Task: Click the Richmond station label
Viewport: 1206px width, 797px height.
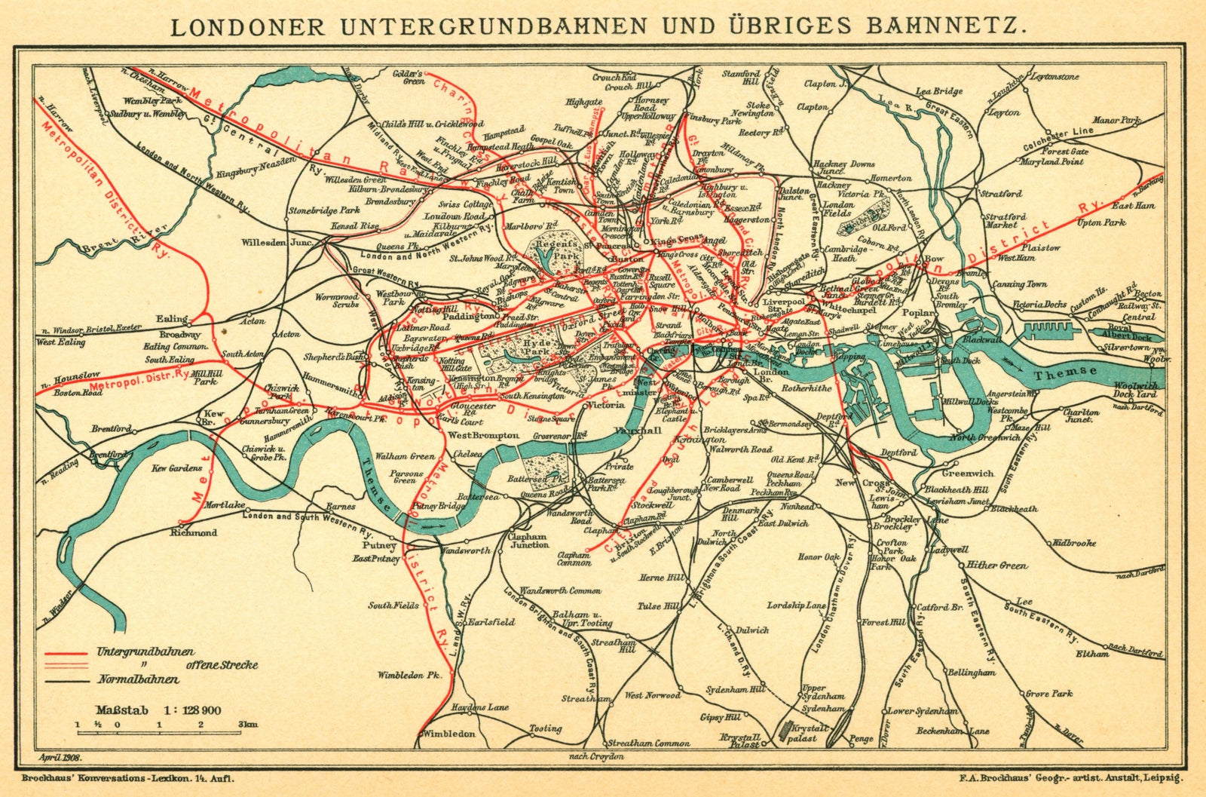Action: click(194, 532)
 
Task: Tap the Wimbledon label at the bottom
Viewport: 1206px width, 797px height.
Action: click(449, 734)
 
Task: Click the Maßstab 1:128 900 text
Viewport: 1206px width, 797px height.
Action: click(158, 710)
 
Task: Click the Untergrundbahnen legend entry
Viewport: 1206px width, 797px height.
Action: click(145, 651)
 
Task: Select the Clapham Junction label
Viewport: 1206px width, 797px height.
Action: click(530, 540)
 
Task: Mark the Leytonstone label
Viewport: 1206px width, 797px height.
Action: click(1054, 77)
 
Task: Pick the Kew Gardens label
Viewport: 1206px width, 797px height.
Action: click(178, 468)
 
